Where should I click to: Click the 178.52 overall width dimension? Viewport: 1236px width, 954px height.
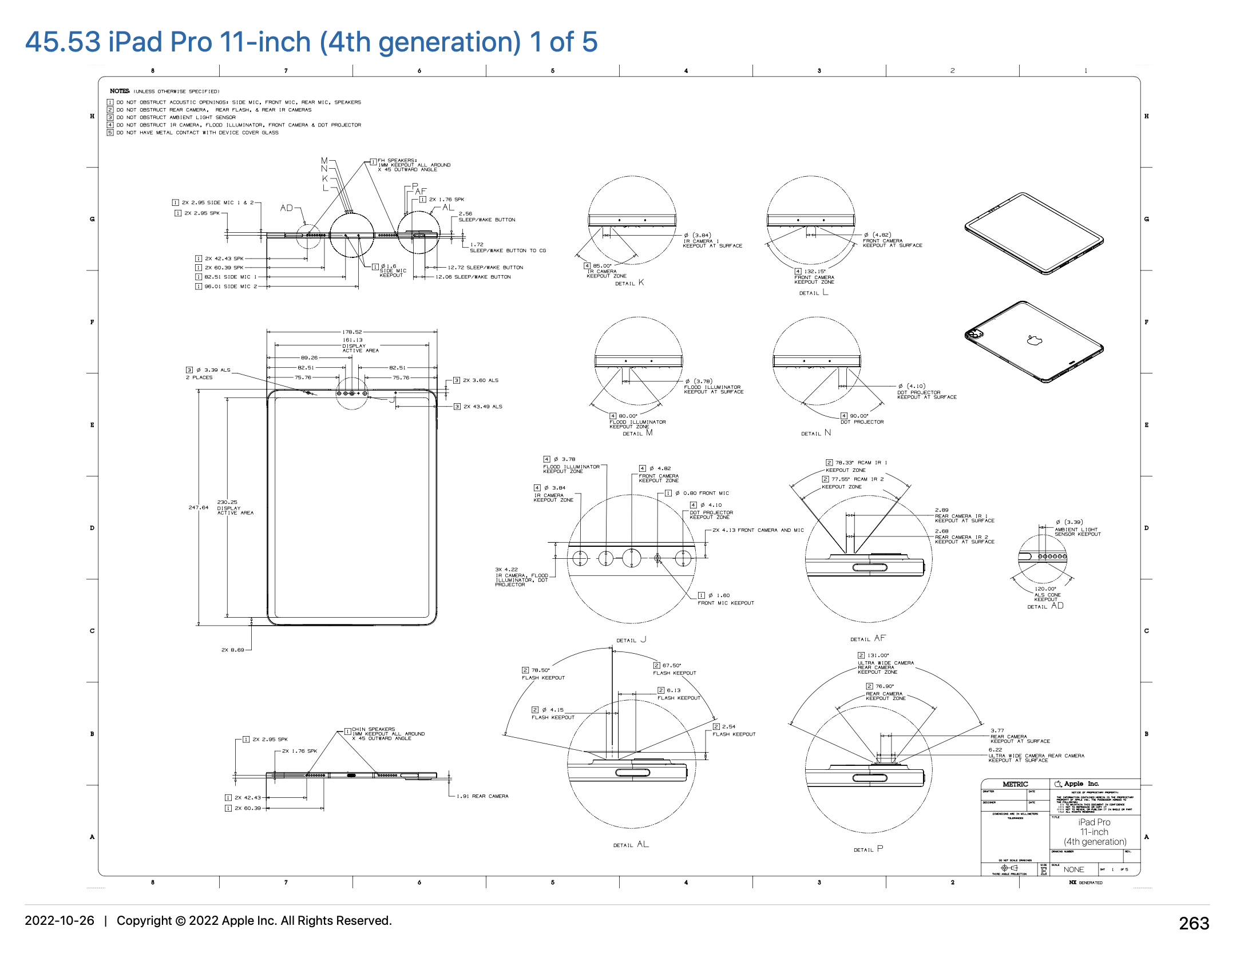pyautogui.click(x=352, y=332)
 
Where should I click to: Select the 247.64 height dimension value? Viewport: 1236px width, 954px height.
pyautogui.click(x=199, y=507)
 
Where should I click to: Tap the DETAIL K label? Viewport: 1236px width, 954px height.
pyautogui.click(x=629, y=283)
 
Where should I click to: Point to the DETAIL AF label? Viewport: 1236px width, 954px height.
pyautogui.click(x=867, y=639)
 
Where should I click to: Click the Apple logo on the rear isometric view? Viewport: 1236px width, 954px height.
pyautogui.click(x=1034, y=341)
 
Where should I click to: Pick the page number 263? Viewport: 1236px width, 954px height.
pyautogui.click(x=1194, y=923)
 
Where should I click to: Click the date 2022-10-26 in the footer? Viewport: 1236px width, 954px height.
pyautogui.click(x=60, y=921)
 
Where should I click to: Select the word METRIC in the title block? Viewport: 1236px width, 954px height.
pyautogui.click(x=1015, y=784)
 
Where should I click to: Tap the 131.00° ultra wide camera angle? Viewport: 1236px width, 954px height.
pyautogui.click(x=878, y=655)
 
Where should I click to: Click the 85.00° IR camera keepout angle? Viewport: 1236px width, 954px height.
pyautogui.click(x=602, y=266)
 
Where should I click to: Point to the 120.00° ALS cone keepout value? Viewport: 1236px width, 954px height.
pyautogui.click(x=1045, y=589)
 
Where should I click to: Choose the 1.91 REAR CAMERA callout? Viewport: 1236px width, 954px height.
pyautogui.click(x=482, y=796)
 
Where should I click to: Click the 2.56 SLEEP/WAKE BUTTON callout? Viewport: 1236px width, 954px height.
pyautogui.click(x=465, y=214)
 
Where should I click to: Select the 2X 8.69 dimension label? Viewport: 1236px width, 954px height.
pyautogui.click(x=232, y=650)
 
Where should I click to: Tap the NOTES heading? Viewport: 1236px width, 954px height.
pyautogui.click(x=120, y=91)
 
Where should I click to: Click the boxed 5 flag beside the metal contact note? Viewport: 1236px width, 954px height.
pyautogui.click(x=110, y=133)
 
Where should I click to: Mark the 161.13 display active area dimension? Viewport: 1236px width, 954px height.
pyautogui.click(x=352, y=340)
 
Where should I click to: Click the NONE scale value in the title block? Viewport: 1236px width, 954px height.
pyautogui.click(x=1073, y=869)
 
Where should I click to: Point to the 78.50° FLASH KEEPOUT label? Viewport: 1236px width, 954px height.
pyautogui.click(x=540, y=670)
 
